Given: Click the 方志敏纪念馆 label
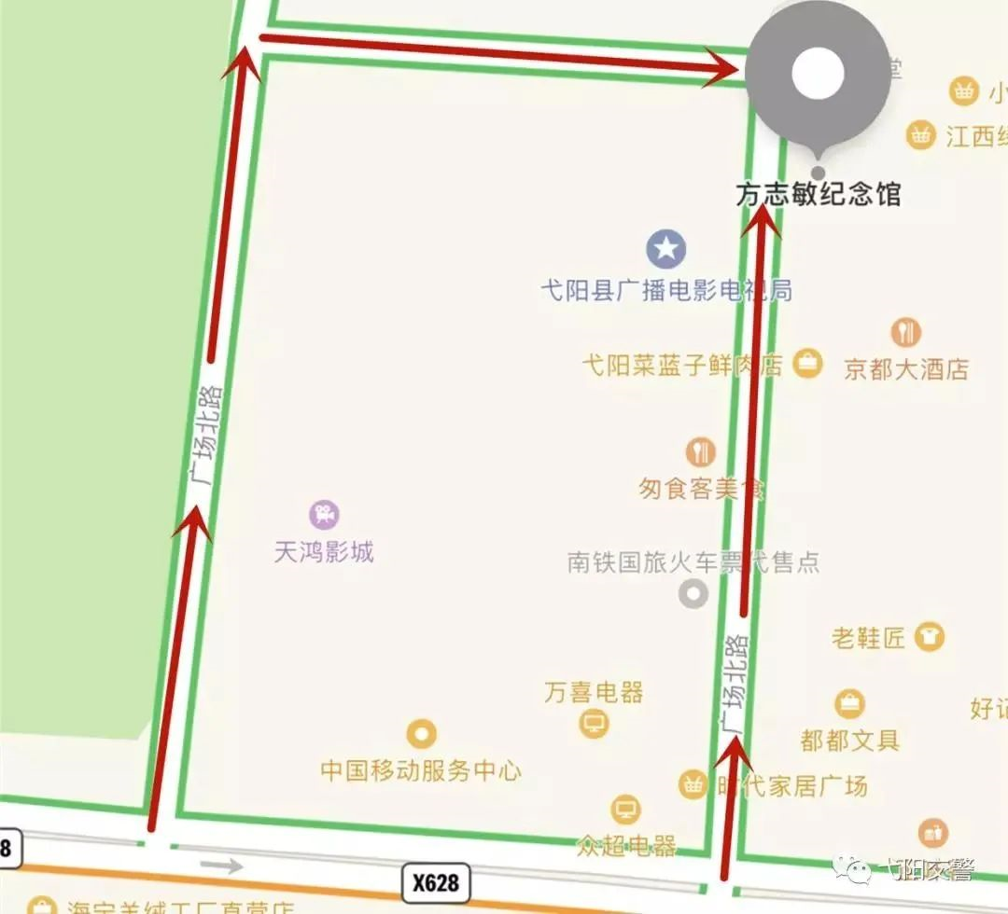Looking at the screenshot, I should coord(819,194).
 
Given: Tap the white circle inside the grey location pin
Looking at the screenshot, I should coord(818,74).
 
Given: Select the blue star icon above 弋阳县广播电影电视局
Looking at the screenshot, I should coord(666,249).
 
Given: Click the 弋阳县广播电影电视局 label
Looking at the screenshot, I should coord(666,291).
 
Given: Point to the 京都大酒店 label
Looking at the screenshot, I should coord(906,368).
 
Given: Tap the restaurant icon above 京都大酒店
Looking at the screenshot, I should coord(905,332).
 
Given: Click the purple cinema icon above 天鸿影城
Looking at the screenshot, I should coord(324,514).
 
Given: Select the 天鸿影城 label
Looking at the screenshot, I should coord(324,551).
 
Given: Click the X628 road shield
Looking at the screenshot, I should coord(436,882).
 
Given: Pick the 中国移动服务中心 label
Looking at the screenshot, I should coord(421,770).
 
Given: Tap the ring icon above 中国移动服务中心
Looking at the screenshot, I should coord(422,734).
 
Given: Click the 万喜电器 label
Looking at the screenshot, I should coord(594,692).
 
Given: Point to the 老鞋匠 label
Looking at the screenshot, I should coord(868,638).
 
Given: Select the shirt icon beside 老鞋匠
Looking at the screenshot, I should coord(929,637).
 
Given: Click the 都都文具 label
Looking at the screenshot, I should coord(849,741).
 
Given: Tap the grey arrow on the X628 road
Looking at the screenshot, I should coord(222,866).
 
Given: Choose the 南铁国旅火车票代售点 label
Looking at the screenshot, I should coord(693,562).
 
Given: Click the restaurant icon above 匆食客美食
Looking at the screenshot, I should coord(700,452).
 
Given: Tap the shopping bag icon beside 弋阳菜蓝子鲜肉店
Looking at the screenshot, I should coord(806,364).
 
